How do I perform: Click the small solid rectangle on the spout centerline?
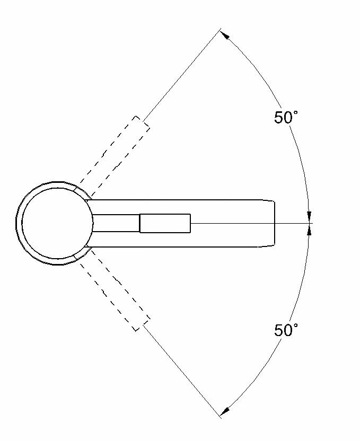coord(165,223)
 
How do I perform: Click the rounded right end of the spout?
coord(274,223)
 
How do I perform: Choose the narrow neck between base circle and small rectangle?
coord(116,223)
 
